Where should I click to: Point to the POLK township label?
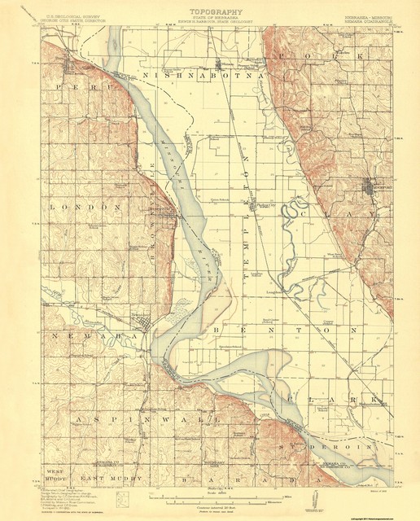pyautogui.click(x=322, y=57)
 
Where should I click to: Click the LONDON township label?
pyautogui.click(x=85, y=208)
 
